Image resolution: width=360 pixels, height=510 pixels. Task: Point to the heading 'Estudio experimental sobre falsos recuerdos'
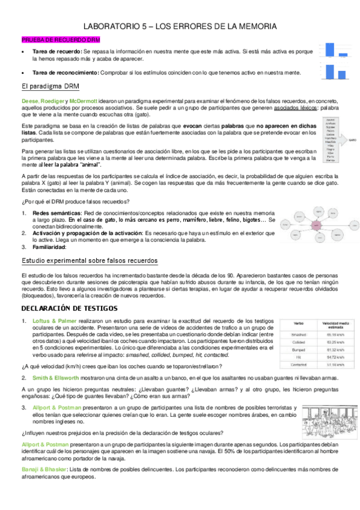pyautogui.click(x=90, y=260)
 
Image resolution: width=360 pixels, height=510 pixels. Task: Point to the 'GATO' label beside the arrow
pyautogui.click(x=353, y=144)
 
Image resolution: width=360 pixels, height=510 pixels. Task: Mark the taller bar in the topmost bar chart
pyautogui.click(x=329, y=49)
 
